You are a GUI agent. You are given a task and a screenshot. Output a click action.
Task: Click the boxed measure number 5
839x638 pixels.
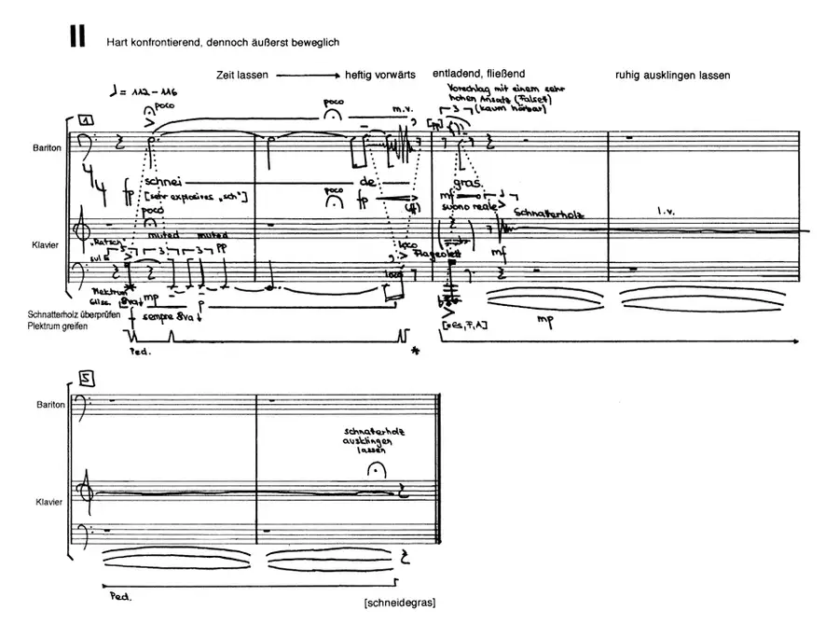click(86, 379)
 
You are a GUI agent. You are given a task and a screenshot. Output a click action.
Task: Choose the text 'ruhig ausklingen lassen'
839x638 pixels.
click(672, 75)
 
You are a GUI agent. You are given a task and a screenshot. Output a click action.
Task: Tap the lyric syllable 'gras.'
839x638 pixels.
click(468, 183)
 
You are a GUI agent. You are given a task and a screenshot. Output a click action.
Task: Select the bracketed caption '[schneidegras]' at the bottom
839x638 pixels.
click(401, 603)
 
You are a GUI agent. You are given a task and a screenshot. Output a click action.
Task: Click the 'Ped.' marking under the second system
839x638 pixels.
click(118, 594)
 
